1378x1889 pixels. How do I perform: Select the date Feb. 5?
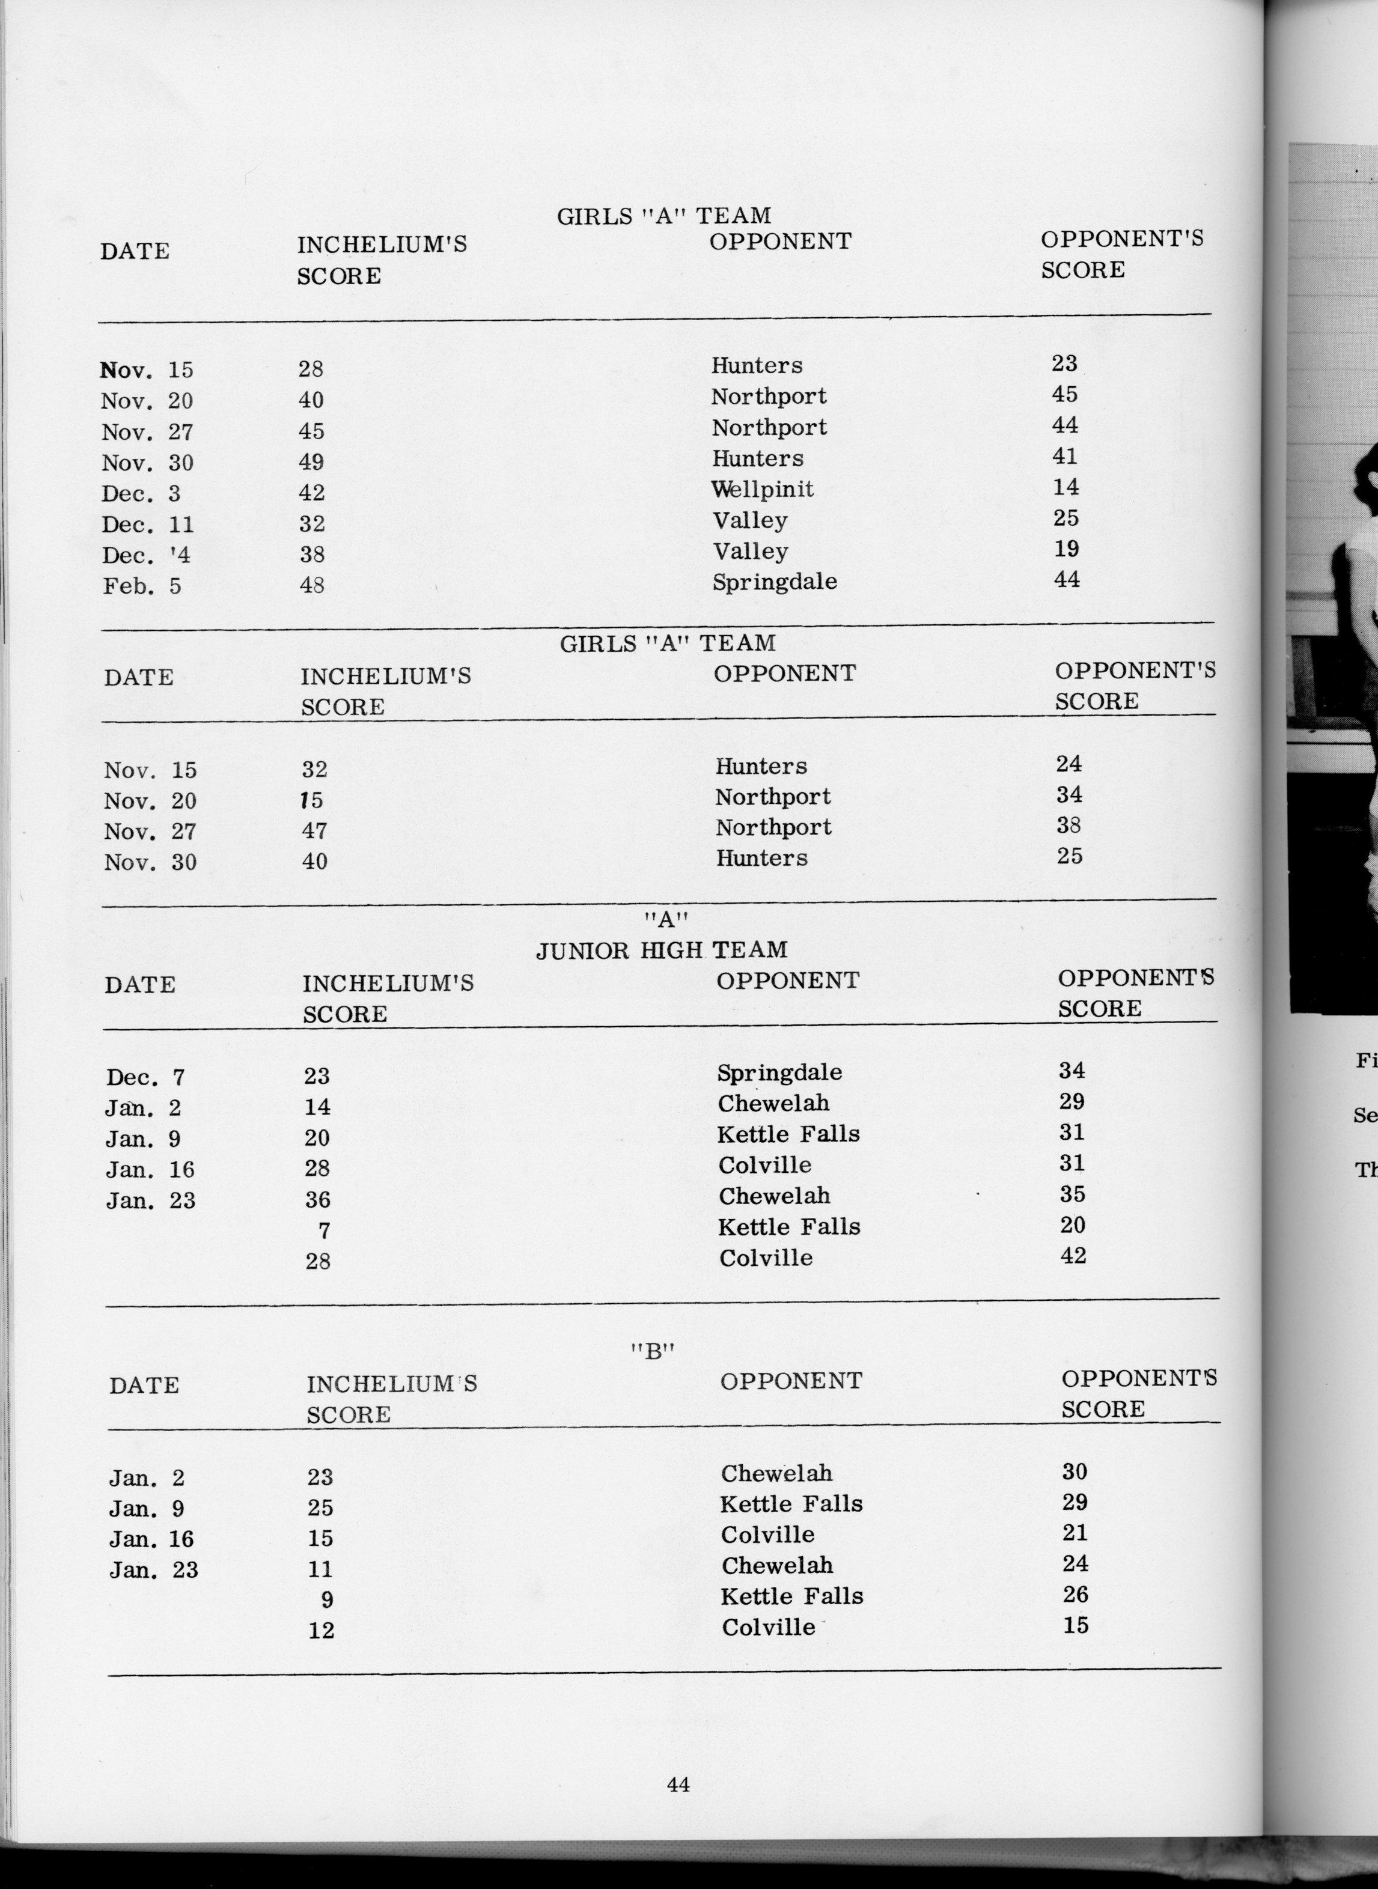pyautogui.click(x=142, y=586)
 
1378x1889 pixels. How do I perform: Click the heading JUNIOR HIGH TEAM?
pyautogui.click(x=662, y=950)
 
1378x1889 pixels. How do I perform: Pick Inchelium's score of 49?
pyautogui.click(x=311, y=462)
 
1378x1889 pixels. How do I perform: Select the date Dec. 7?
pyautogui.click(x=145, y=1077)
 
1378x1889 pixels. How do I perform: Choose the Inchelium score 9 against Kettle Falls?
pyautogui.click(x=327, y=1599)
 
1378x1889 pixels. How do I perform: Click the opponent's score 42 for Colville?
pyautogui.click(x=1073, y=1255)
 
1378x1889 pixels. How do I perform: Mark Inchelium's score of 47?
pyautogui.click(x=314, y=831)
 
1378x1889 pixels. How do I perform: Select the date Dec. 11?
pyautogui.click(x=148, y=525)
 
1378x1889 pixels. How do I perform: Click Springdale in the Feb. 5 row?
pyautogui.click(x=774, y=581)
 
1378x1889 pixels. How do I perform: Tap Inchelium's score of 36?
pyautogui.click(x=317, y=1200)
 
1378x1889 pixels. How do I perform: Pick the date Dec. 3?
pyautogui.click(x=141, y=494)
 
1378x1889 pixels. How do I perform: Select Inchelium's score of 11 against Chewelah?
pyautogui.click(x=320, y=1569)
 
